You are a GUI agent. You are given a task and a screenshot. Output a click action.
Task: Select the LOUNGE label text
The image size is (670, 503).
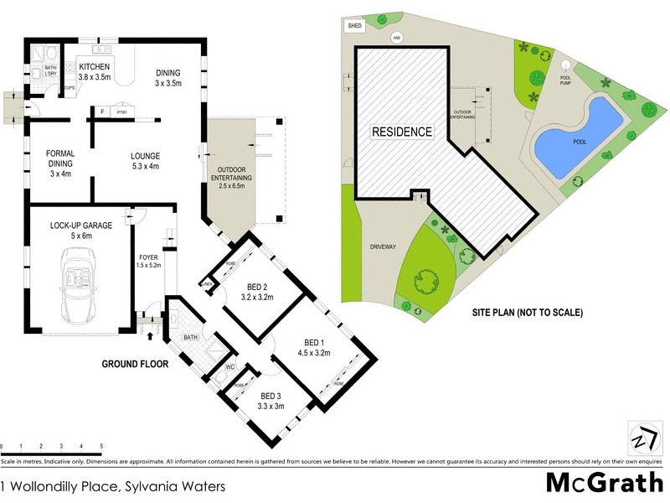(x=145, y=156)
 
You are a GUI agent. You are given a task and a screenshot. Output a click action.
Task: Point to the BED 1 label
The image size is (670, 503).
(x=313, y=342)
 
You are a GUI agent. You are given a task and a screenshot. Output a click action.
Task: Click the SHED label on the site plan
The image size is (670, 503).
(x=352, y=27)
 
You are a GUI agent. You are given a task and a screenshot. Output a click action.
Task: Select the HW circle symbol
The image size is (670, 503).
(x=396, y=38)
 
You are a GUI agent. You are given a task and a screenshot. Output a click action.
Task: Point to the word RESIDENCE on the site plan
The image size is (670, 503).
(x=402, y=132)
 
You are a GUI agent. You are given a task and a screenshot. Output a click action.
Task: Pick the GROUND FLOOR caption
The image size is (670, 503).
(x=135, y=364)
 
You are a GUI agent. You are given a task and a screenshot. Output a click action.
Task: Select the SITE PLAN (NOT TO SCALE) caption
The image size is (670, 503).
(x=527, y=313)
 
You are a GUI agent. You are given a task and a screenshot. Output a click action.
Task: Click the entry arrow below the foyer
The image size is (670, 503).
(x=150, y=336)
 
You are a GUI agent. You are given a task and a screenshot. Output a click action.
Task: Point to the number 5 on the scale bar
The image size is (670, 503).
(x=101, y=446)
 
